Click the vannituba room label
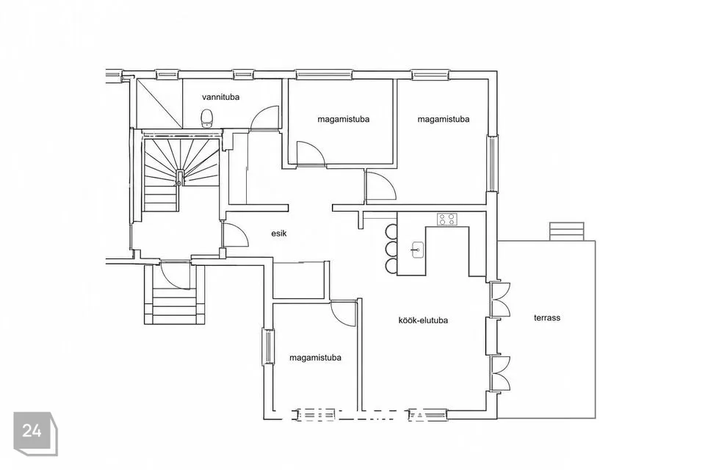pyautogui.click(x=220, y=97)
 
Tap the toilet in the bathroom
pyautogui.click(x=207, y=117)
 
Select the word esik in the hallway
pyautogui.click(x=279, y=234)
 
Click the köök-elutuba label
pyautogui.click(x=423, y=321)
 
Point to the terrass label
pyautogui.click(x=547, y=318)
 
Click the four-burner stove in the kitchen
pyautogui.click(x=447, y=219)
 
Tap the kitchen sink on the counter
pyautogui.click(x=417, y=250)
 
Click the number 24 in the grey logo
pyautogui.click(x=32, y=431)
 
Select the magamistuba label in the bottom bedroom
pyautogui.click(x=315, y=358)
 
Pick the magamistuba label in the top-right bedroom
pyautogui.click(x=444, y=119)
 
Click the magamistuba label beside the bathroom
pyautogui.click(x=344, y=120)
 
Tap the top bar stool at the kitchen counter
pyautogui.click(x=391, y=231)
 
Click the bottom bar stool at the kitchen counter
pyautogui.click(x=391, y=265)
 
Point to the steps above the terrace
pyautogui.click(x=566, y=231)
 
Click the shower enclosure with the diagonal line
pyautogui.click(x=159, y=104)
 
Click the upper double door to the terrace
pyautogui.click(x=500, y=300)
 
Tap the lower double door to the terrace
pyautogui.click(x=500, y=373)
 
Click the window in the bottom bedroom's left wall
pyautogui.click(x=269, y=347)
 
